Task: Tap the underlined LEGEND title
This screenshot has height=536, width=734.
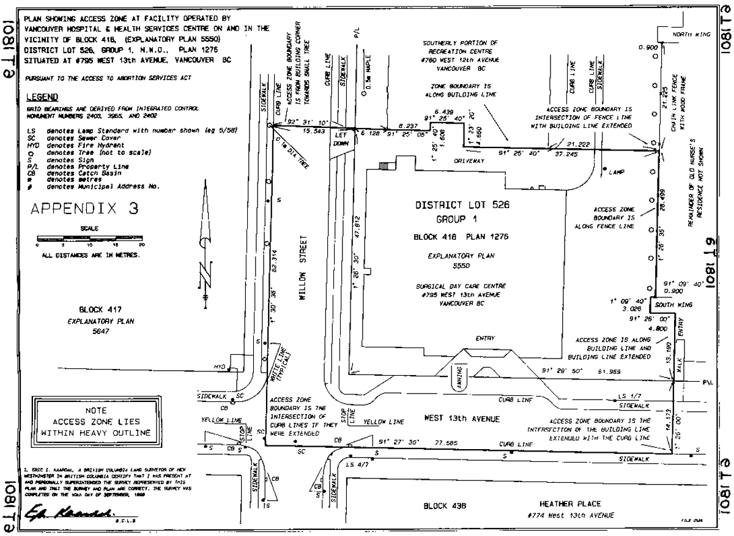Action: tap(42, 97)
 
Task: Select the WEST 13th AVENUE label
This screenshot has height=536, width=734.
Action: tap(462, 419)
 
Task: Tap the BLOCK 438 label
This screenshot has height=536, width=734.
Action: tap(445, 507)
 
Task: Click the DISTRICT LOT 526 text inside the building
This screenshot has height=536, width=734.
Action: tap(462, 206)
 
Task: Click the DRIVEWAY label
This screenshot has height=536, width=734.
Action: tap(467, 160)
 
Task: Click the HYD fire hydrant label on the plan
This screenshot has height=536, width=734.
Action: tap(220, 367)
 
